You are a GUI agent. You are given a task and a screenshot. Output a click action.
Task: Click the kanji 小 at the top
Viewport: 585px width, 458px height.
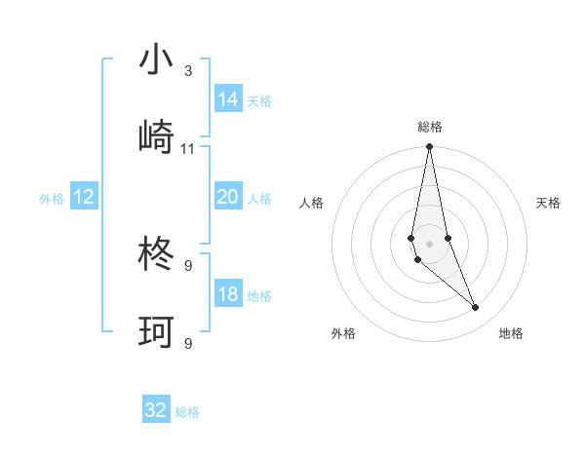156,59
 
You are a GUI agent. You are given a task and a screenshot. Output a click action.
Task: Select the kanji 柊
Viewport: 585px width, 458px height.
156,255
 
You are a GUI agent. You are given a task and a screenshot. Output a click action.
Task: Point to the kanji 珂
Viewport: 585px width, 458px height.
156,333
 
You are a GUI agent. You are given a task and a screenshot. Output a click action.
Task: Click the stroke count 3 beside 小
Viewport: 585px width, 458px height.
187,71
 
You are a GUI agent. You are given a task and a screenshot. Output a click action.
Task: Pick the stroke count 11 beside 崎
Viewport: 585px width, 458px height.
188,149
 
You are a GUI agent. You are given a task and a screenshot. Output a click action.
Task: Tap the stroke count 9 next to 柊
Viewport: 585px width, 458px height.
187,265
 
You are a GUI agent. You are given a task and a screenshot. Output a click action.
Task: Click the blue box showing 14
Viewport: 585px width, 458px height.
228,99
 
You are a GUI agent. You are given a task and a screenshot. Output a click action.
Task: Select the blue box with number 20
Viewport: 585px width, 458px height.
228,197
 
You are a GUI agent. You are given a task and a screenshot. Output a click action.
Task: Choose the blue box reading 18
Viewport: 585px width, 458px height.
228,294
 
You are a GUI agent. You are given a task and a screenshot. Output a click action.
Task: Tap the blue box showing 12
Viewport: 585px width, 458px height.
84,197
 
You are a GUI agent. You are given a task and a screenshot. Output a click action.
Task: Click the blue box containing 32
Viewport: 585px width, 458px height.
156,410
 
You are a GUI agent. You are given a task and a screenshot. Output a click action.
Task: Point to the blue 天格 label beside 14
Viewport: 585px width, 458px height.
259,101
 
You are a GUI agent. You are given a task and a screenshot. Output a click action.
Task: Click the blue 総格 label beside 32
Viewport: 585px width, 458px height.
187,412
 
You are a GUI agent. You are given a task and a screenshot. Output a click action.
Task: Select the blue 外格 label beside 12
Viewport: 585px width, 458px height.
52,199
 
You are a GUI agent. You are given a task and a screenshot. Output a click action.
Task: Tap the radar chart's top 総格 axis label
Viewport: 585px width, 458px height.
429,127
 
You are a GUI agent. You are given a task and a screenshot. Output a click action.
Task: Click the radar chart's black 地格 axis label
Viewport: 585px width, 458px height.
511,333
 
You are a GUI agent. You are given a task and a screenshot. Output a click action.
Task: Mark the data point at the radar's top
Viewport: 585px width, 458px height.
429,147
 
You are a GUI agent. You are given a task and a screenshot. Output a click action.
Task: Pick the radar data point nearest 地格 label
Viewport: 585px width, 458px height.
476,308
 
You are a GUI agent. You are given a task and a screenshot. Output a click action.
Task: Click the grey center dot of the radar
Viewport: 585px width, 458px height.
429,243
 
